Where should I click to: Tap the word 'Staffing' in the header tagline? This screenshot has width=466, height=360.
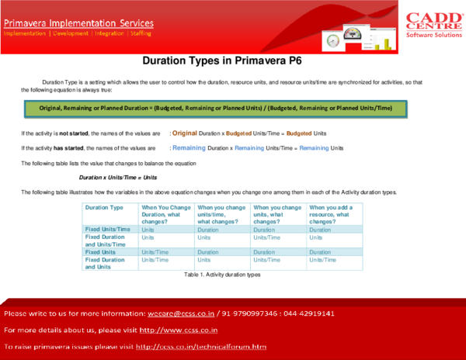click(138, 33)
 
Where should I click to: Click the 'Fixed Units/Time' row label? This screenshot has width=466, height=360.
click(110, 230)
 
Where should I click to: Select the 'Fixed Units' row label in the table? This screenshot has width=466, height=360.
click(102, 251)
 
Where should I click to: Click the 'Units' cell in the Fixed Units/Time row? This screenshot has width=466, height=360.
click(148, 230)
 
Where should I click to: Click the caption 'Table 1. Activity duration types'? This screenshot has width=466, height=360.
click(222, 275)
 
